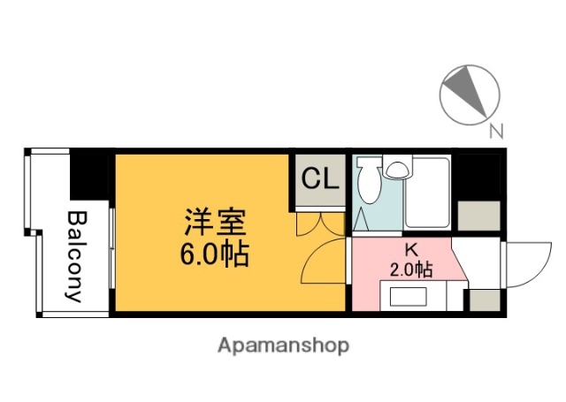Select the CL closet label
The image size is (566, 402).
(319, 179)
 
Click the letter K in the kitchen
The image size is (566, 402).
(411, 250)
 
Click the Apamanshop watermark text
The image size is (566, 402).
(283, 344)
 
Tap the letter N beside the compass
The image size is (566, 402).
(496, 133)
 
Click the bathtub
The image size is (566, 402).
(428, 193)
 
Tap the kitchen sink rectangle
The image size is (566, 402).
(409, 295)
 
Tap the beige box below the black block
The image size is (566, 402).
(478, 216)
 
